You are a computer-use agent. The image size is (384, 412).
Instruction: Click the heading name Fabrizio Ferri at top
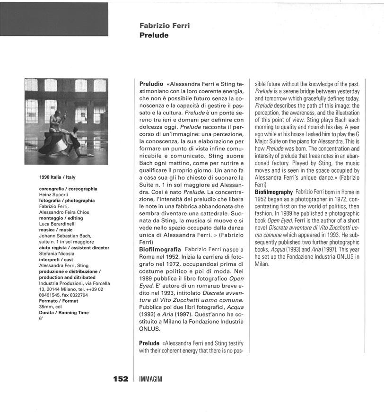pos(165,26)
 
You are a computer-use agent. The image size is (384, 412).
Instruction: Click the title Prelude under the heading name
pos(154,35)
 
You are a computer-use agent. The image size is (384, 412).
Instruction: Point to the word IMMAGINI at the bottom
pos(151,379)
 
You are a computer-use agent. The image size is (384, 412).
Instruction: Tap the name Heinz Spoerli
pos(54,194)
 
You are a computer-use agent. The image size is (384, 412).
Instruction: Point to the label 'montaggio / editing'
pos(61,218)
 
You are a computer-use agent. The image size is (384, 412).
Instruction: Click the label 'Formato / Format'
pos(59,301)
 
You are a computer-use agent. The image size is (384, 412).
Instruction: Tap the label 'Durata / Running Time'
pos(64,313)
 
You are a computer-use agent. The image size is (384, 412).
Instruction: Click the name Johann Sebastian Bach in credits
pos(65,236)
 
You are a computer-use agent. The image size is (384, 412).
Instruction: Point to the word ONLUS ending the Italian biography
pos(150,328)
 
